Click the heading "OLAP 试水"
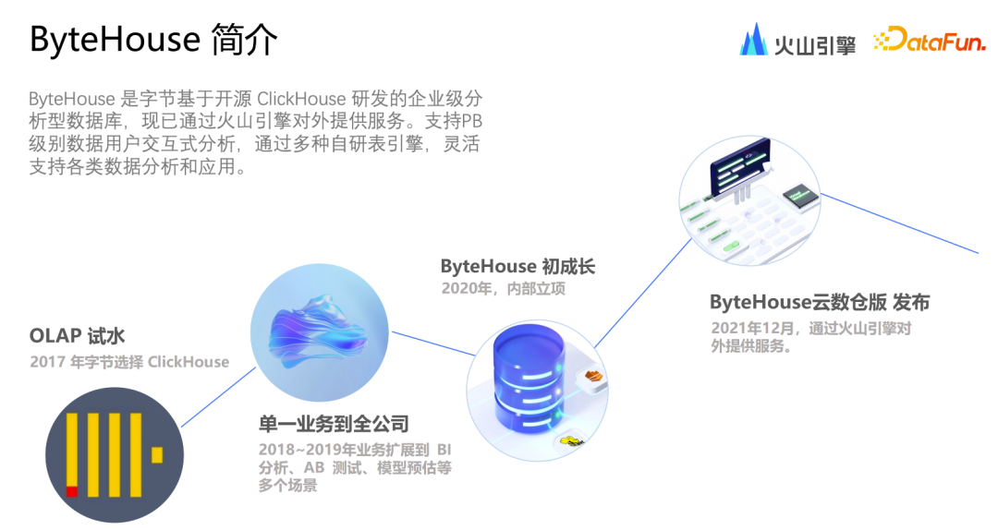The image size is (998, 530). coord(77,336)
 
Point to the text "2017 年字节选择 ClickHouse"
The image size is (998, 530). coord(129,361)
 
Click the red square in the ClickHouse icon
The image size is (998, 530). coord(71,490)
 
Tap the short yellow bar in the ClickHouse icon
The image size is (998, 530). coord(157,454)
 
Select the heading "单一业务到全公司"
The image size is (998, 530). coord(334,424)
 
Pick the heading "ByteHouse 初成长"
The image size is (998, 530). coord(517,267)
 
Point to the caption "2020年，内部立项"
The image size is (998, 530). coord(503,289)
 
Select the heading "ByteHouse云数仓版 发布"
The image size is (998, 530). coord(820,302)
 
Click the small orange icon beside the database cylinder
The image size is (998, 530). coord(593,376)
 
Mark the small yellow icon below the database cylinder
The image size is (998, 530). coord(574,441)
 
